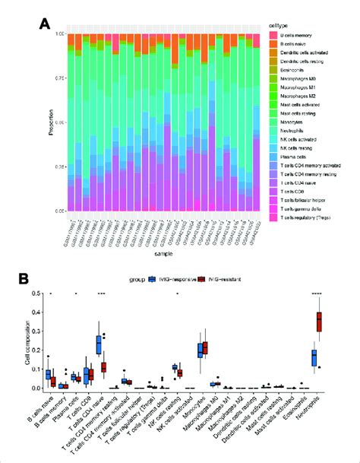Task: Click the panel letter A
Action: [x=45, y=23]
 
